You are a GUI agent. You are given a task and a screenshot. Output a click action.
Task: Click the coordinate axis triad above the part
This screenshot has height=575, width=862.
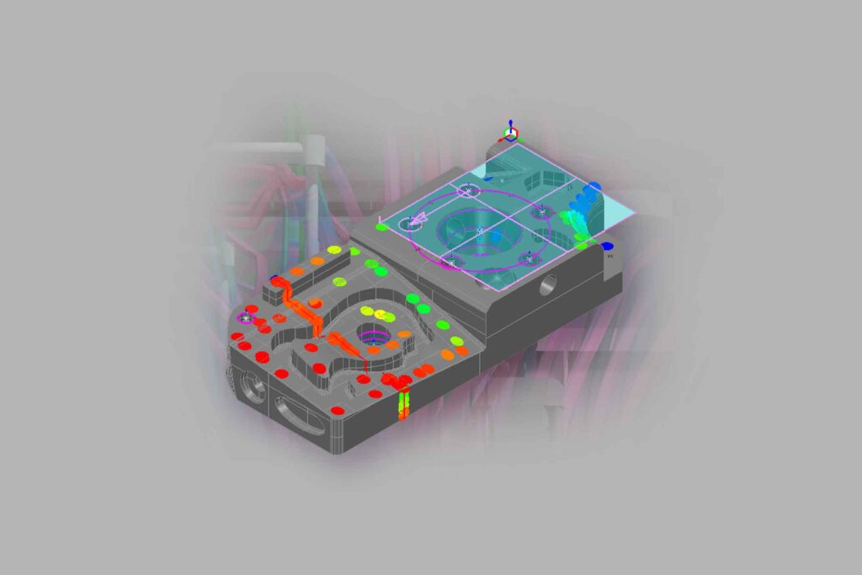(x=511, y=131)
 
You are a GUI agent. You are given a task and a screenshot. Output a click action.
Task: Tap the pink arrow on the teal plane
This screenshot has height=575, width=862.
(x=418, y=221)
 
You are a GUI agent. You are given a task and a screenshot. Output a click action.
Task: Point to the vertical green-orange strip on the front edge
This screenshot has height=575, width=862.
(x=403, y=402)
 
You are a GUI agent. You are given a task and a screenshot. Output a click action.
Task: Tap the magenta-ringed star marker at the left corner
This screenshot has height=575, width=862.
(x=246, y=317)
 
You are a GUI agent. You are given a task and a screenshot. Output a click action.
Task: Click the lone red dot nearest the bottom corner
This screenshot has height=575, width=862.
(x=338, y=410)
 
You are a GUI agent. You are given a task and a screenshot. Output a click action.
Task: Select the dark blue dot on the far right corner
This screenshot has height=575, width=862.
(x=609, y=247)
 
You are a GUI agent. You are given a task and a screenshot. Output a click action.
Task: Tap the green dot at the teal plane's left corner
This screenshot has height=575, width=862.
(x=381, y=226)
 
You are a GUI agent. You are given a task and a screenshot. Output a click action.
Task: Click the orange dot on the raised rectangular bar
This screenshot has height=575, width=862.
(x=295, y=272)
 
